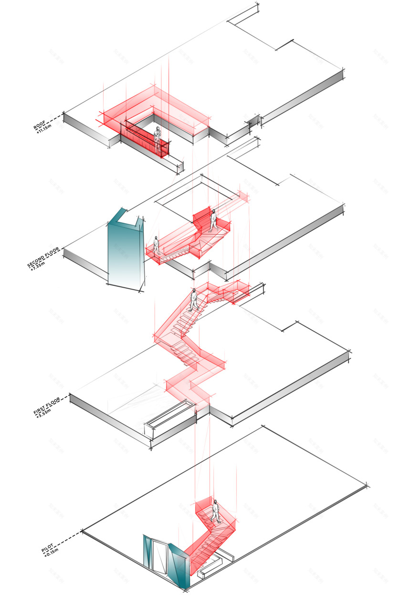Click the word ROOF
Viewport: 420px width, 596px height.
(x=39, y=125)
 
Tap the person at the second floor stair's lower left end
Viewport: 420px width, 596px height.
(x=156, y=245)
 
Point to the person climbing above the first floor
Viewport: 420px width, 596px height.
(x=194, y=300)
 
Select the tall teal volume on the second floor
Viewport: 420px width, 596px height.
(x=126, y=253)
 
